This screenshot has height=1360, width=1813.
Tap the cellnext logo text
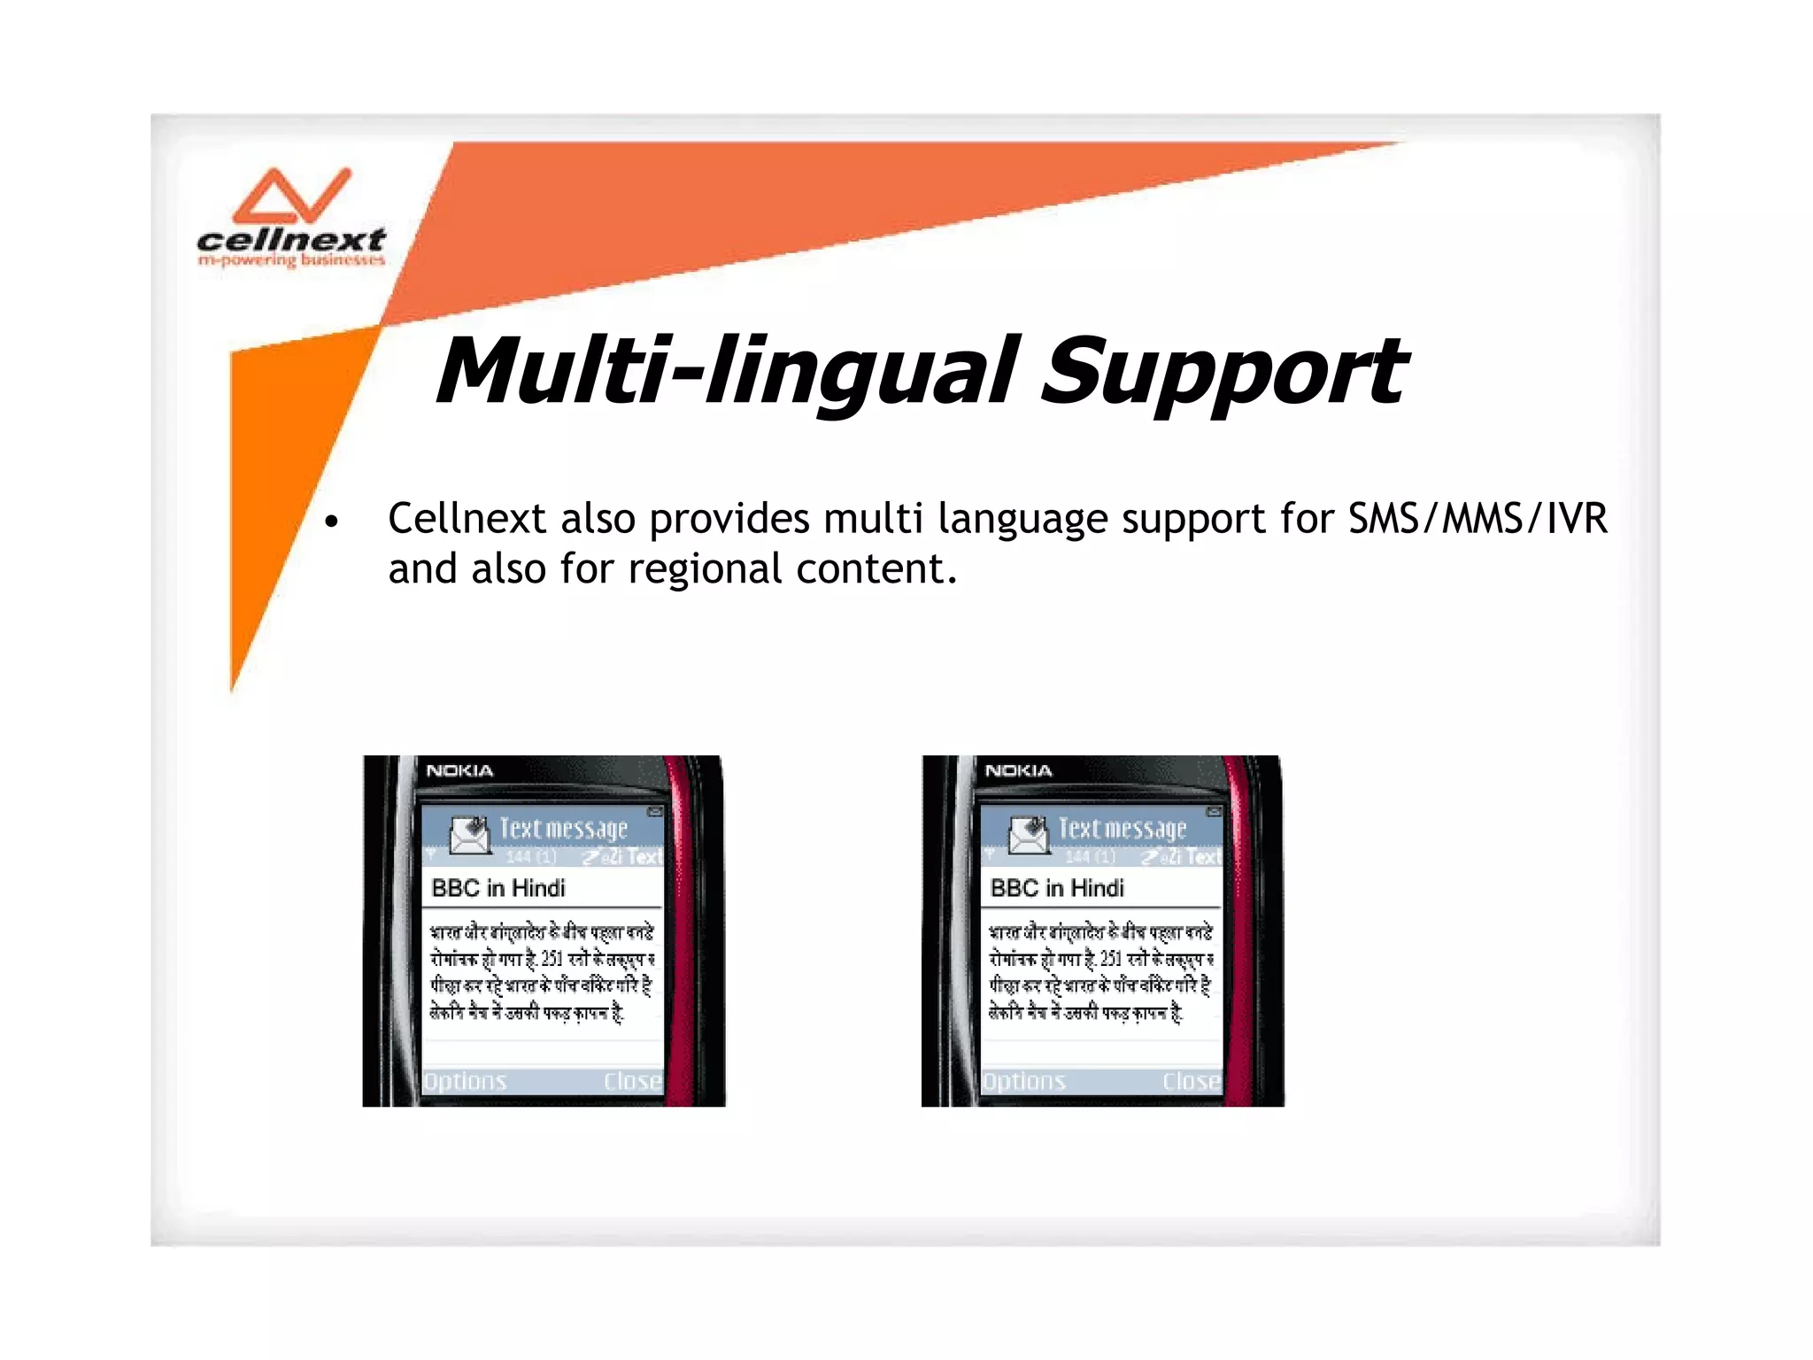point(290,239)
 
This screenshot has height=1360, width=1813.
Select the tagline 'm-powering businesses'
point(291,260)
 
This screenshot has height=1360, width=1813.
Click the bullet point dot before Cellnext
point(331,522)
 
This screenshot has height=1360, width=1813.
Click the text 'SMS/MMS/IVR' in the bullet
point(1477,519)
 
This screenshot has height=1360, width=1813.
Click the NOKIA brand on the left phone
point(459,770)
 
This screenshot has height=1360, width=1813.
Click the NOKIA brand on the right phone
point(1018,770)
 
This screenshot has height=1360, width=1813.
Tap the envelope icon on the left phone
point(469,834)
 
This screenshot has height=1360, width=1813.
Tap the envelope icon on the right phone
point(1029,834)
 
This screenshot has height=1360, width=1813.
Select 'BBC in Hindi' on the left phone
point(498,887)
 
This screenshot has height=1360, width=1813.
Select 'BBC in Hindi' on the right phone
point(1057,887)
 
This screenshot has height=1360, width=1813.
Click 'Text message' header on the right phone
point(1123,829)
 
